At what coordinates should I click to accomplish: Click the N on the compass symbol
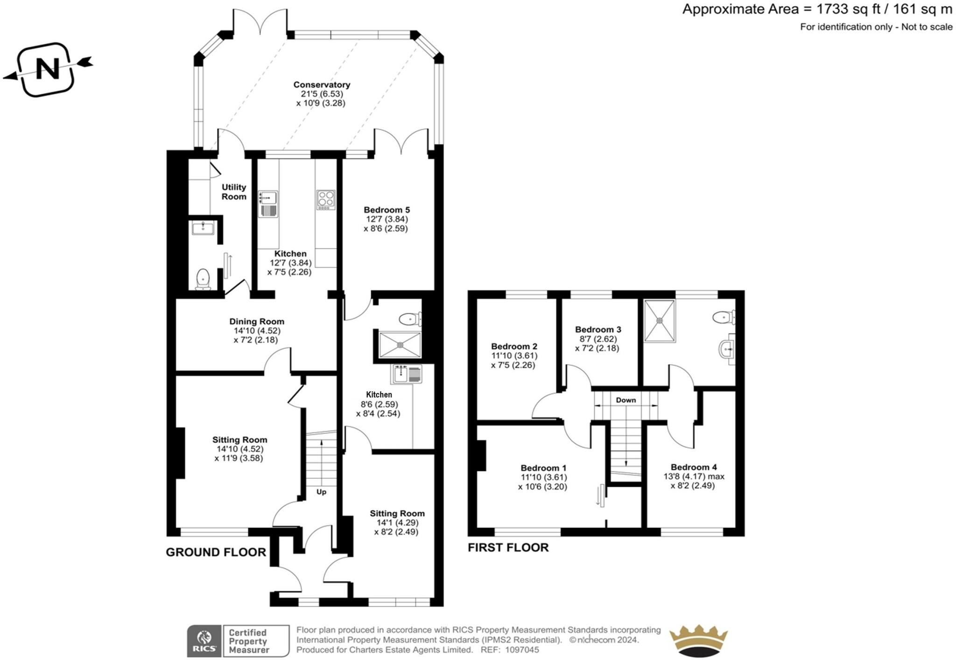point(48,69)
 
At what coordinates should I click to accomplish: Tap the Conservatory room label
point(322,84)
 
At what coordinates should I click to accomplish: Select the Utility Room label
point(234,192)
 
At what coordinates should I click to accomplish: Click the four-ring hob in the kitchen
point(325,199)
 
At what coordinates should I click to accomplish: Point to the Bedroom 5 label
point(387,210)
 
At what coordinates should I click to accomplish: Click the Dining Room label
point(257,321)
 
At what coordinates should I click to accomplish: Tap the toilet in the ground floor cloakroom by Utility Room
point(203,279)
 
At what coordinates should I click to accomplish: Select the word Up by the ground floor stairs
point(322,492)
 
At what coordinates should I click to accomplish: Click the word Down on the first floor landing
point(626,400)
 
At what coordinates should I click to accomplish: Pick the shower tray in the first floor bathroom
point(660,321)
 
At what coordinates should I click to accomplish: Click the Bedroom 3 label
point(598,329)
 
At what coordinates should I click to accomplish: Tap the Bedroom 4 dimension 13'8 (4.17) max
point(694,477)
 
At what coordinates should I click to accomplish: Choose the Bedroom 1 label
point(543,468)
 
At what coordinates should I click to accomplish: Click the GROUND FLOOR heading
point(216,552)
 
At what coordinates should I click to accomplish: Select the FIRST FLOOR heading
point(508,547)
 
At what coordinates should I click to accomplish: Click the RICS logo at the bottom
point(204,641)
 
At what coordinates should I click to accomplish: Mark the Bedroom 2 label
point(514,346)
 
